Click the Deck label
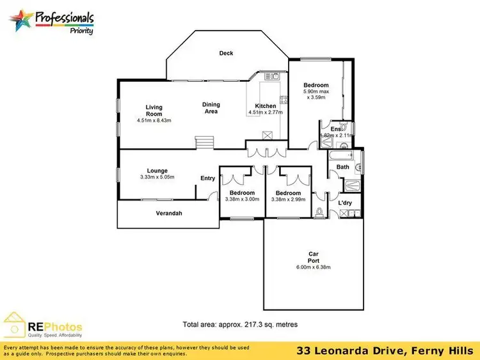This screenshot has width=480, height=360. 226,53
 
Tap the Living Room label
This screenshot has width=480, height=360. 154,111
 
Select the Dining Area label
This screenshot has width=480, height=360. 211,108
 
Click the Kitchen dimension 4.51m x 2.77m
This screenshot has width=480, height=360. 266,113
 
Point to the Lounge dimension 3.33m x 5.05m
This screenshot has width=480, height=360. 157,177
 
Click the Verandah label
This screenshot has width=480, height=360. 169,213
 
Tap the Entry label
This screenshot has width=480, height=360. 208,178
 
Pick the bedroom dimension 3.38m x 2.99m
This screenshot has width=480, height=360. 288,199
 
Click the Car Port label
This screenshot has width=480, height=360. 313,258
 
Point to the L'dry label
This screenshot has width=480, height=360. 345,203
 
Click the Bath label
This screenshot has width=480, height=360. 343,168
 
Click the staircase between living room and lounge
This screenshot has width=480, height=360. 204,142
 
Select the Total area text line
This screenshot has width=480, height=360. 240,324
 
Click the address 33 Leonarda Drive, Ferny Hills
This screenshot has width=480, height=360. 385,351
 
